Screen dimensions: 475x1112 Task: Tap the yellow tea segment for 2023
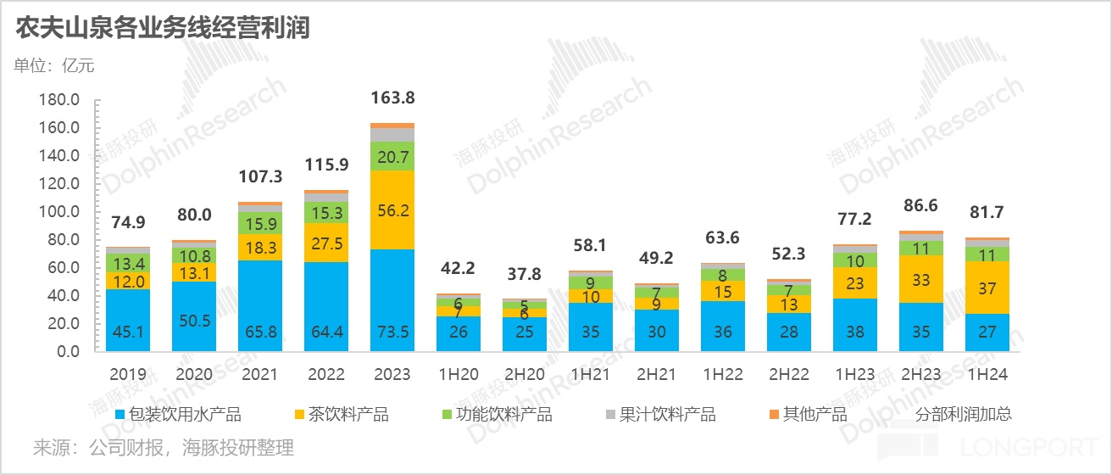click(392, 210)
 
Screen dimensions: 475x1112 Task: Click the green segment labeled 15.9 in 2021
click(260, 224)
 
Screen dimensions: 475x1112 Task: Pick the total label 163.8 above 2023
click(392, 98)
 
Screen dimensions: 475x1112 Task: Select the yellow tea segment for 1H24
click(987, 288)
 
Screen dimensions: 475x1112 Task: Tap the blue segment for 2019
click(128, 320)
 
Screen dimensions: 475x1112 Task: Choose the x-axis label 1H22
click(723, 374)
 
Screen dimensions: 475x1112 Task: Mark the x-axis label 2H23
click(921, 374)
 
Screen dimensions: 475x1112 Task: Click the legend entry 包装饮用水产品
click(178, 415)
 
